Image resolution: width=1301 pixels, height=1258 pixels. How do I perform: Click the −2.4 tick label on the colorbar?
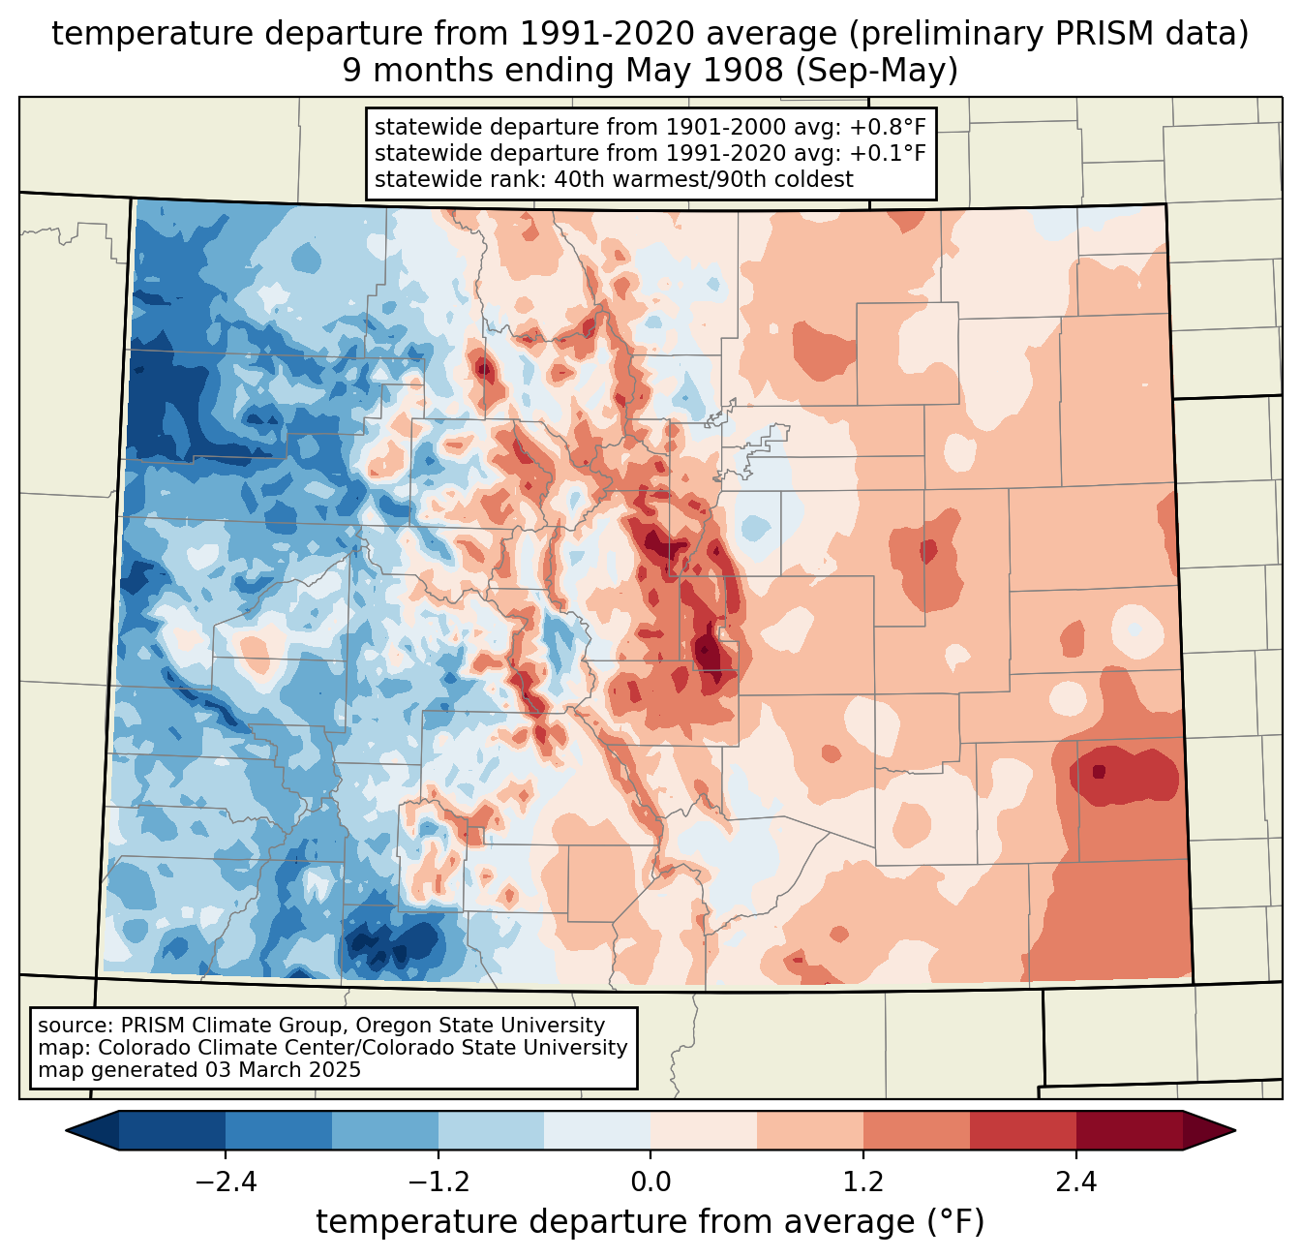[226, 1182]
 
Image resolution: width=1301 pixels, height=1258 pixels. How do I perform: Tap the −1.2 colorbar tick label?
[438, 1182]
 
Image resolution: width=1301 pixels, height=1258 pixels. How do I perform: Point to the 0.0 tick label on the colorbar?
[650, 1182]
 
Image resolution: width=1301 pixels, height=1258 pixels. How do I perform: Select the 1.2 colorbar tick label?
[863, 1182]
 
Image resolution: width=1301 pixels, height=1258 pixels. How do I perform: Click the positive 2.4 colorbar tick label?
[1075, 1182]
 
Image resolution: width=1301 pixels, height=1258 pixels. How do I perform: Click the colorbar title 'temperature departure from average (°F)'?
[650, 1222]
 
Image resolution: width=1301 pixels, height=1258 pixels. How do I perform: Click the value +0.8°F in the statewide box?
[888, 128]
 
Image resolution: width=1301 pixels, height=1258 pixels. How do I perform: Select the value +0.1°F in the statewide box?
[888, 153]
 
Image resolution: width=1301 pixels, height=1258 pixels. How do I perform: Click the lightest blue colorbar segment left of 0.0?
[597, 1130]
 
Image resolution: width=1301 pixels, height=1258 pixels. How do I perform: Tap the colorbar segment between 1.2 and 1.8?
[917, 1130]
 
